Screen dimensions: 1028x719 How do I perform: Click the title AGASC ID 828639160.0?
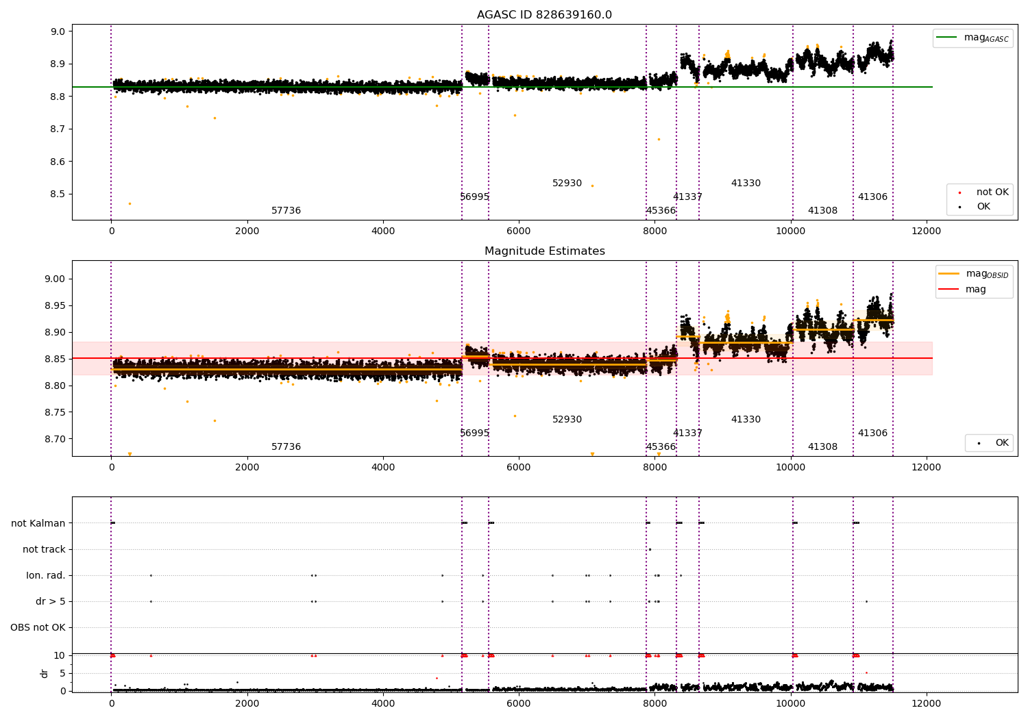click(x=544, y=14)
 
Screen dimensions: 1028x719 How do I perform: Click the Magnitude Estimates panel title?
click(x=545, y=251)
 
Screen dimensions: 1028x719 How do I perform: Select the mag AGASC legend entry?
click(x=973, y=38)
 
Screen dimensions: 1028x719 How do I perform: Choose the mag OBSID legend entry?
click(x=974, y=274)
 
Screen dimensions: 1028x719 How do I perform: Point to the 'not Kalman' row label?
click(x=38, y=523)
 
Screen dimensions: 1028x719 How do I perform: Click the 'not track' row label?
click(x=44, y=549)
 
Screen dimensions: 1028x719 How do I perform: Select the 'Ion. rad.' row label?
click(x=45, y=575)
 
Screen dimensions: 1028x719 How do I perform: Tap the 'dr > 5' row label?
click(x=51, y=601)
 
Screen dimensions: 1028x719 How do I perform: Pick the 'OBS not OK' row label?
click(x=38, y=627)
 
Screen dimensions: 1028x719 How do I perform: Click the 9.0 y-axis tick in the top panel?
click(x=58, y=31)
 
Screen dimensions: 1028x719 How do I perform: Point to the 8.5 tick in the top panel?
click(x=58, y=194)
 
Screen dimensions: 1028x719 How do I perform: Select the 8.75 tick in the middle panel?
click(x=55, y=412)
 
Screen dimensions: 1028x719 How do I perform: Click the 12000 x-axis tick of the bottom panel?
click(x=926, y=704)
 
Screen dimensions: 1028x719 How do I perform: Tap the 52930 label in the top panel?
click(x=567, y=183)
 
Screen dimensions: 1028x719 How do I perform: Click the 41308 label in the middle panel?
click(x=822, y=446)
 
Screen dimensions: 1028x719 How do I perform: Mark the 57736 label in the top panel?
click(x=286, y=210)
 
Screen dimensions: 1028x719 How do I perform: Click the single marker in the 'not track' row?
click(x=650, y=549)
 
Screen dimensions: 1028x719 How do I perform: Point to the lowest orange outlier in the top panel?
click(x=130, y=203)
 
